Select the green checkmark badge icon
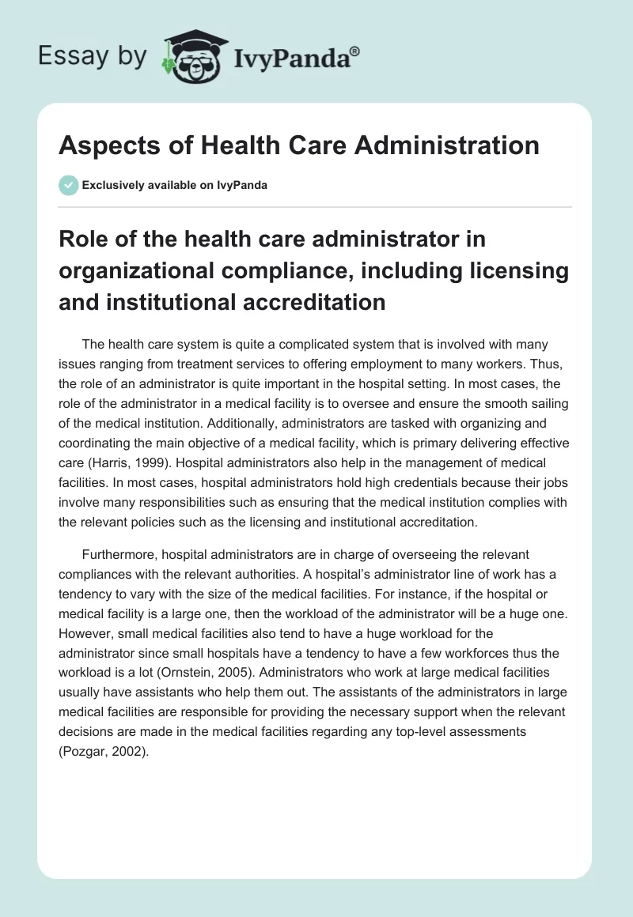(x=68, y=185)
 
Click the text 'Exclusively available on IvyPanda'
(x=175, y=185)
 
